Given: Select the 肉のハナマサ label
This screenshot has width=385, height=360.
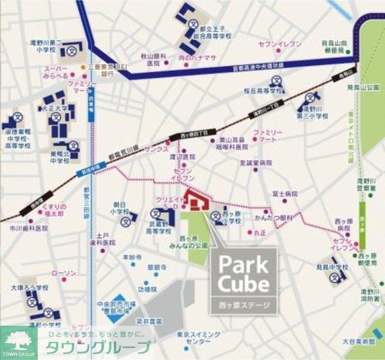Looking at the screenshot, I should click(197, 58).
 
